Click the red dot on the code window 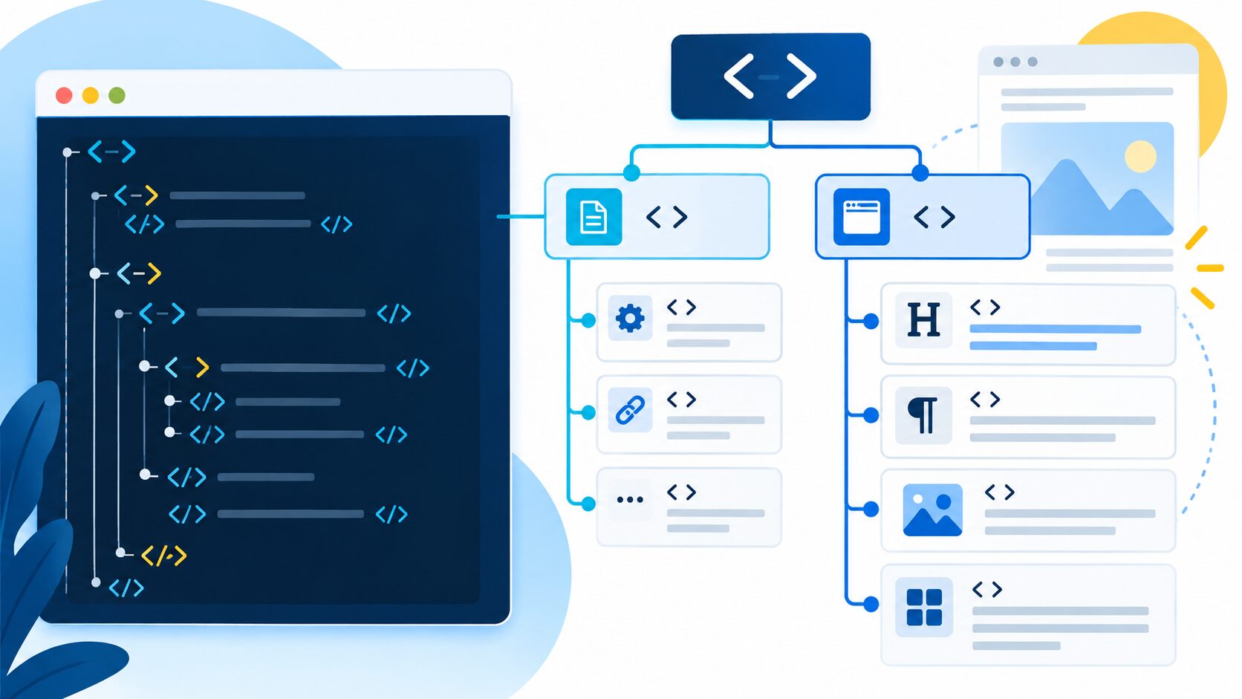pyautogui.click(x=65, y=95)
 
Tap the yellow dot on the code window pyautogui.click(x=91, y=95)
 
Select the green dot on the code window pyautogui.click(x=117, y=95)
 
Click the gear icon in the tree pyautogui.click(x=630, y=318)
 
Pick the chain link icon pyautogui.click(x=630, y=411)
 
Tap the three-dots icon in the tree pyautogui.click(x=630, y=499)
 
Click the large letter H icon pyautogui.click(x=923, y=320)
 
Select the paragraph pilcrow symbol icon pyautogui.click(x=923, y=414)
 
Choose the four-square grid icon pyautogui.click(x=924, y=607)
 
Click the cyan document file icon pyautogui.click(x=594, y=217)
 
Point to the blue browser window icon pyautogui.click(x=861, y=217)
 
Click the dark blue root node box pyautogui.click(x=770, y=77)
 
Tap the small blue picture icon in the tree pyautogui.click(x=932, y=510)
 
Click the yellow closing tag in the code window pyautogui.click(x=163, y=556)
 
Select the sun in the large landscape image pyautogui.click(x=1140, y=156)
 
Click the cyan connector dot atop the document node pyautogui.click(x=631, y=173)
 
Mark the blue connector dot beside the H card pyautogui.click(x=871, y=321)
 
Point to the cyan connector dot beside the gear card pyautogui.click(x=588, y=320)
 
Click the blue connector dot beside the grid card pyautogui.click(x=871, y=604)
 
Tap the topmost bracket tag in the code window pyautogui.click(x=111, y=152)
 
